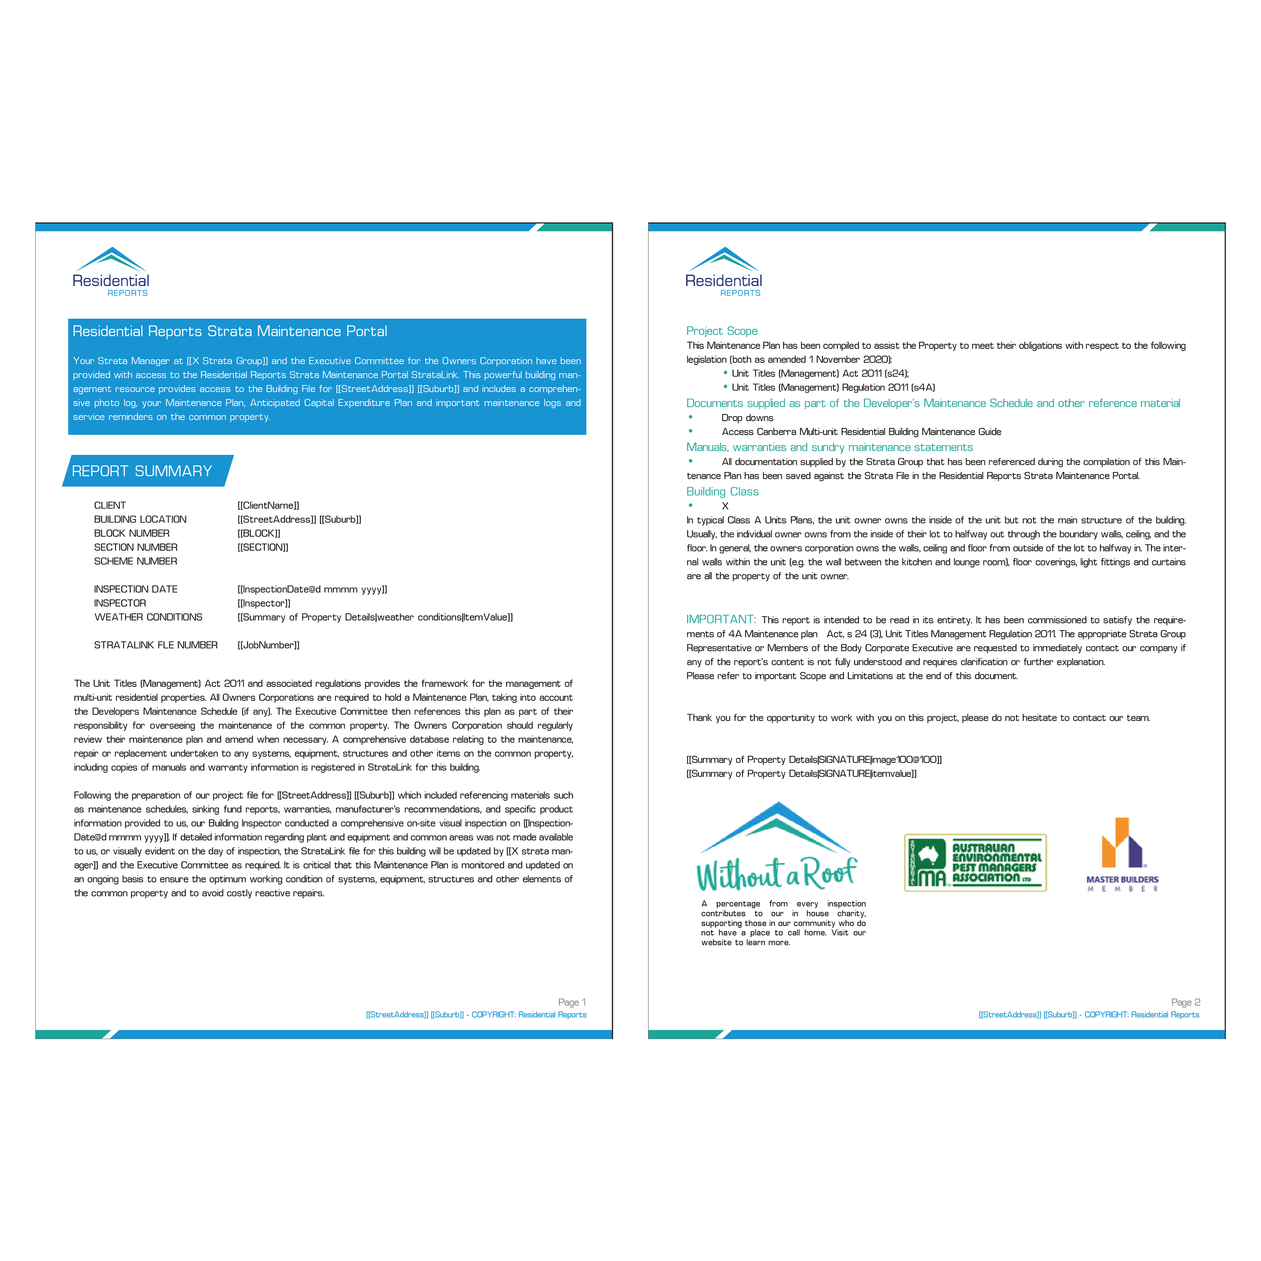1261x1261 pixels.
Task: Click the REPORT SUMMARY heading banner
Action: (x=148, y=471)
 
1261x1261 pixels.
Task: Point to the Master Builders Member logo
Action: (x=1122, y=855)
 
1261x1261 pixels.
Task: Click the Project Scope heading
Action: (x=722, y=331)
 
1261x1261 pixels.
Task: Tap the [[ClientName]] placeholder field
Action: (x=268, y=505)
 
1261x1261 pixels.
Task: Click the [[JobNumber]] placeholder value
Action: (x=268, y=645)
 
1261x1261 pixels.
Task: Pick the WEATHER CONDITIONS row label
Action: (x=148, y=617)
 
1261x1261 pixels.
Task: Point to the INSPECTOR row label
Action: (x=120, y=603)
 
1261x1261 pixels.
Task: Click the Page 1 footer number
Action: (x=572, y=1002)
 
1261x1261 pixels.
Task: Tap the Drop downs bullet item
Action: (x=747, y=418)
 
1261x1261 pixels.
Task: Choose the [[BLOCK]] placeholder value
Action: (x=259, y=533)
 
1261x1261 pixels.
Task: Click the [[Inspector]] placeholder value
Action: (x=264, y=603)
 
